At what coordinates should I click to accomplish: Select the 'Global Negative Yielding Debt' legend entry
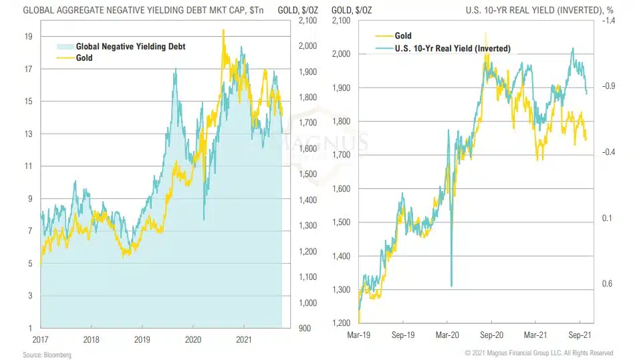coord(130,47)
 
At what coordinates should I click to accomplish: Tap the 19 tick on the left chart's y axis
coord(29,37)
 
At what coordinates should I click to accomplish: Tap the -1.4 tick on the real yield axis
coord(609,21)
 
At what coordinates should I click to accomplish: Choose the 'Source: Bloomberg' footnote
coord(46,355)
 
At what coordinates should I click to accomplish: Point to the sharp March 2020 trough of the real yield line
coord(452,286)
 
